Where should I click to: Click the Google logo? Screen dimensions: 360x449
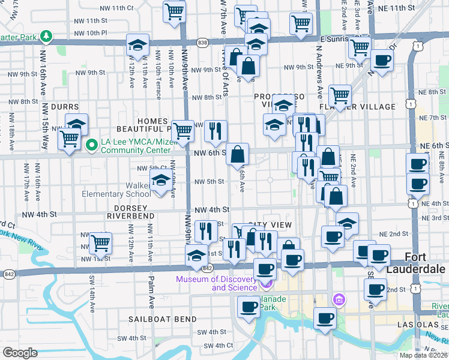20,353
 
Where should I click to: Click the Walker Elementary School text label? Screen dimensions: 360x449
122,190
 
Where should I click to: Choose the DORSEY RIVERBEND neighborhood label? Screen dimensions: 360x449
131,211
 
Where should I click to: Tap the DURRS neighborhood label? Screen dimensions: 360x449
65,106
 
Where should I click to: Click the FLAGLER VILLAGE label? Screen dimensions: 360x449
371,107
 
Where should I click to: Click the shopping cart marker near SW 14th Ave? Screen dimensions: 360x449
100,243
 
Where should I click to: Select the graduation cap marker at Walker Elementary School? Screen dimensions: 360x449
160,180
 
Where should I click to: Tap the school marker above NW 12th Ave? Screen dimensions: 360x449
137,45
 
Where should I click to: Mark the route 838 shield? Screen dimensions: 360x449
203,42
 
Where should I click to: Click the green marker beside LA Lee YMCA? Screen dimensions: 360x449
91,145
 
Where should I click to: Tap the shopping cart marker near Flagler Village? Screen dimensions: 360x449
340,94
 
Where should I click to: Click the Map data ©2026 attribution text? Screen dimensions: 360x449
423,355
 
